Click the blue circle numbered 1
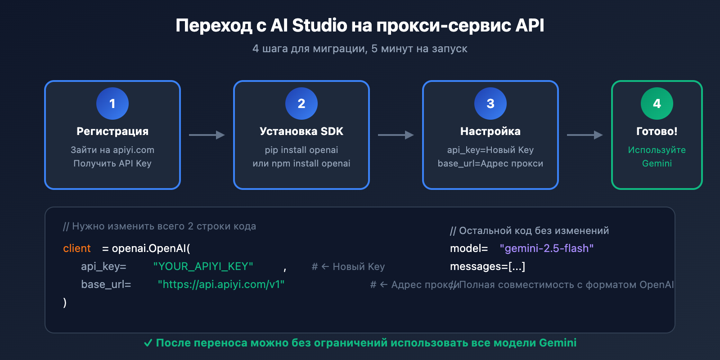(112, 103)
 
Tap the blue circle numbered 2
(301, 103)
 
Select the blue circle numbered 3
(490, 103)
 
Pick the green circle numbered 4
(657, 103)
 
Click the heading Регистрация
(112, 131)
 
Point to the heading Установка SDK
(301, 131)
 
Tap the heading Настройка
(490, 131)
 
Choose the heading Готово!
(657, 131)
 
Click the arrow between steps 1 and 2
(207, 135)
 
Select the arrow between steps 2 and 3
(396, 135)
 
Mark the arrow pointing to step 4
(585, 135)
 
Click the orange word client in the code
(77, 248)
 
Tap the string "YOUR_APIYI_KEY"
(203, 266)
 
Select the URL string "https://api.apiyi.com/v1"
(221, 284)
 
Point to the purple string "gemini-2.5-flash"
(547, 248)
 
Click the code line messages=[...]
(487, 266)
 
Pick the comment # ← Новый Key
(348, 267)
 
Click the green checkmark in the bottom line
(148, 343)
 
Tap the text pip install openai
(301, 150)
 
